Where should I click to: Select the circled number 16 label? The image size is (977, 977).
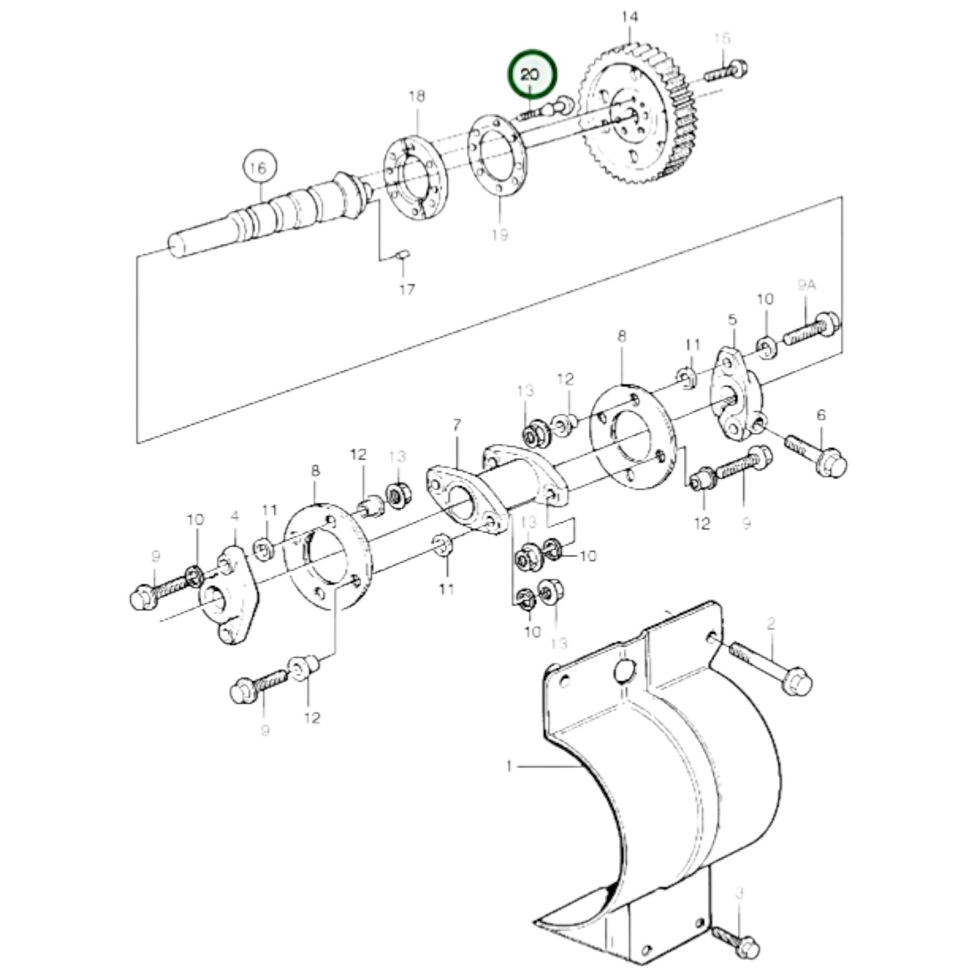[x=258, y=169]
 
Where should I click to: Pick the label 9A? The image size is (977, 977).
[x=806, y=285]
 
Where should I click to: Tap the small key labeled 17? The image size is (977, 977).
[x=402, y=254]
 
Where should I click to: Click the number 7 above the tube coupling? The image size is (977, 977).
[x=457, y=425]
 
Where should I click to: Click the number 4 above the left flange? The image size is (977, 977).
[x=235, y=517]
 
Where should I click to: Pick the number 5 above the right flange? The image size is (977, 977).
[x=732, y=318]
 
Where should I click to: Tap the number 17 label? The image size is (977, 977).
[x=406, y=289]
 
